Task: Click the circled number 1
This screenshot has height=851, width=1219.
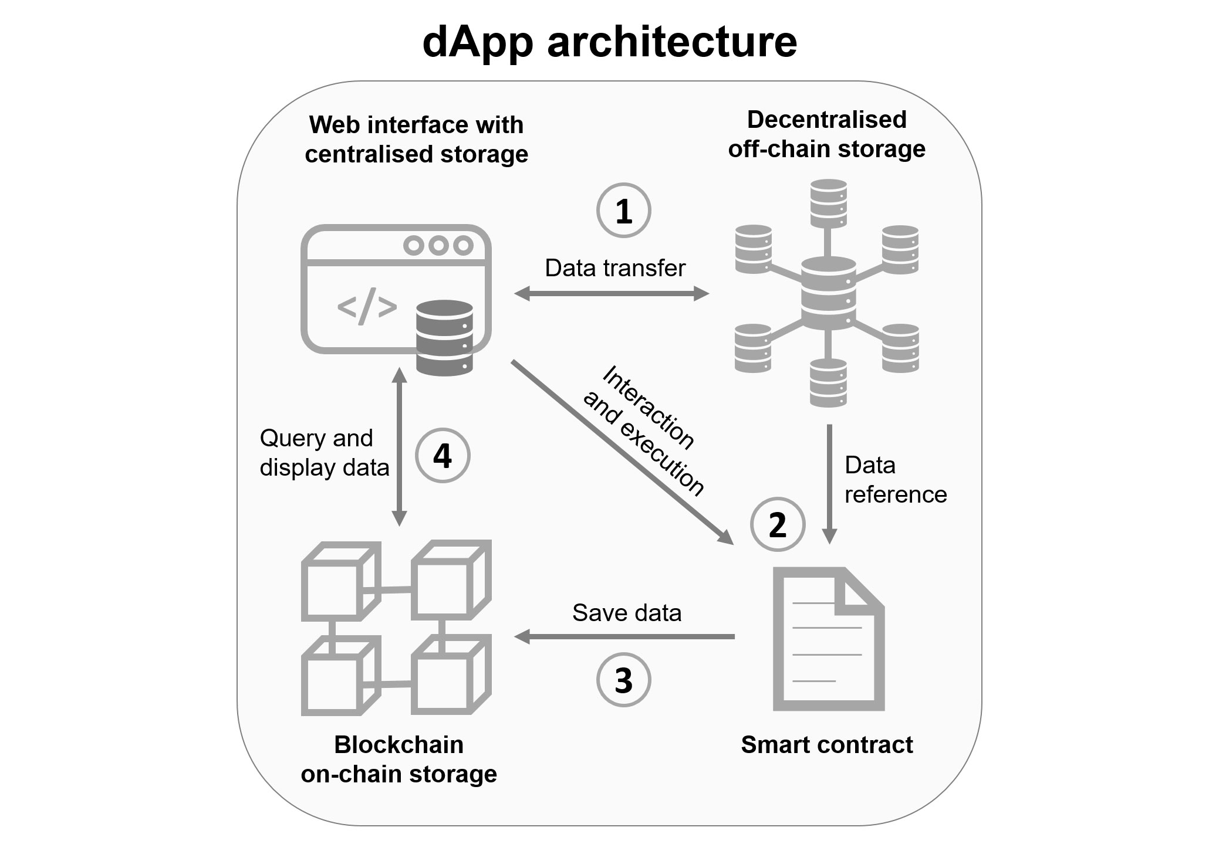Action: click(623, 211)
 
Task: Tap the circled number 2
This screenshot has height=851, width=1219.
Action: click(777, 524)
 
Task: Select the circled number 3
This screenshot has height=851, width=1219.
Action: click(623, 680)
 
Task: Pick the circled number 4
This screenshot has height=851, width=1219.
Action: click(442, 456)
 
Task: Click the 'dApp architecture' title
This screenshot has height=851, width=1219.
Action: click(609, 42)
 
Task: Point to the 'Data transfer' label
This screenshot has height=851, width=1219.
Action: click(614, 268)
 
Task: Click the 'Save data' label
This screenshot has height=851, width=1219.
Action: click(626, 613)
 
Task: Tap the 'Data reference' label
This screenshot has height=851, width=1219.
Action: click(894, 480)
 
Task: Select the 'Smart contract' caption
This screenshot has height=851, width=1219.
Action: click(826, 745)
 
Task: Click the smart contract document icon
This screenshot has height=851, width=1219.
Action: click(828, 639)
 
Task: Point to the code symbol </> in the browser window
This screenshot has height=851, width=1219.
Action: click(367, 306)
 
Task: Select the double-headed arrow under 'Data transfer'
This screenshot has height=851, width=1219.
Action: click(611, 293)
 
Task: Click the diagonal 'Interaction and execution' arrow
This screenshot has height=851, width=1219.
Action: click(622, 452)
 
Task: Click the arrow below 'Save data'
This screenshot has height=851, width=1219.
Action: click(624, 636)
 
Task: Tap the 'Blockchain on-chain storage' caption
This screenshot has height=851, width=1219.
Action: click(399, 760)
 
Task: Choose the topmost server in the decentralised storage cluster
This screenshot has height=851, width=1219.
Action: click(828, 204)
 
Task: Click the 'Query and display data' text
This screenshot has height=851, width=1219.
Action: click(324, 453)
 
